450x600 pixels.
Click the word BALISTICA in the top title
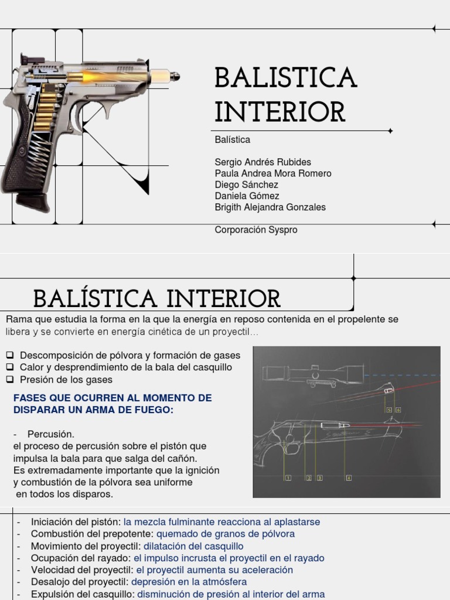coord(285,78)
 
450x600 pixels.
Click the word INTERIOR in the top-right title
coord(280,112)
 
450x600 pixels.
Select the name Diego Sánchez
coord(247,185)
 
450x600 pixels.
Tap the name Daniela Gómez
coord(247,196)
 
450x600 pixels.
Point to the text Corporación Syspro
coord(256,230)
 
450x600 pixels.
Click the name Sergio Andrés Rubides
coord(263,162)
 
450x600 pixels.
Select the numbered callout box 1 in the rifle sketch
coord(288,478)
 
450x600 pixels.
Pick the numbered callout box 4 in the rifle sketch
coord(349,478)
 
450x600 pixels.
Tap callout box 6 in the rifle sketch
coord(398,410)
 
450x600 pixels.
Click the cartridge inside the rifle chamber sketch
coord(339,424)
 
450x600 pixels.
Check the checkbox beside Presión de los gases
coord(10,379)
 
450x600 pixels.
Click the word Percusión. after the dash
coord(51,434)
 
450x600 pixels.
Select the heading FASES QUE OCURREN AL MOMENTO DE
coord(112,398)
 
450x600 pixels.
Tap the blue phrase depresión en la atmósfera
coord(189,582)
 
